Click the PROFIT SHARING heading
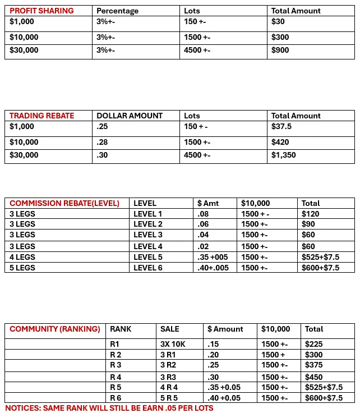coord(41,11)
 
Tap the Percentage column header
coord(117,11)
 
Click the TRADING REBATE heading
coord(41,116)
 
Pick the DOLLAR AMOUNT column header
coord(130,116)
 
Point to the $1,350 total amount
coord(283,155)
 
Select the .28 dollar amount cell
coord(102,142)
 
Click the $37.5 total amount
coord(281,126)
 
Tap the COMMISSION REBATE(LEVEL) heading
coord(64,203)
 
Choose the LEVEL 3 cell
coord(147,235)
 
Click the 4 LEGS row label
coord(22,257)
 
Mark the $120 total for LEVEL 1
coord(310,214)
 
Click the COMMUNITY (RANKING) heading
coord(55,329)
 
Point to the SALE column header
coord(170,329)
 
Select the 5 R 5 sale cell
coord(169,398)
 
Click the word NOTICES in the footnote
coord(22,408)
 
